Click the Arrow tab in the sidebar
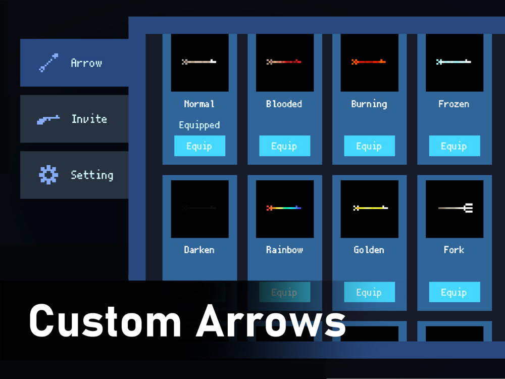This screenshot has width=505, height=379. click(x=74, y=63)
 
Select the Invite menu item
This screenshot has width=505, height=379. click(x=74, y=119)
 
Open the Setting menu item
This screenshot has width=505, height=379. click(x=74, y=175)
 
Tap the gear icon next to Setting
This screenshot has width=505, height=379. click(x=48, y=175)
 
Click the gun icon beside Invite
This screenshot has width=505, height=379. click(x=48, y=119)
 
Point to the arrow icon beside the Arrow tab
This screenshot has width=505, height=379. click(x=48, y=63)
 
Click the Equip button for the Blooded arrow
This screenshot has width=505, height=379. click(x=284, y=146)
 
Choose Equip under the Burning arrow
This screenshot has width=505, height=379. click(x=369, y=146)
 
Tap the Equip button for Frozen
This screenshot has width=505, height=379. click(x=454, y=146)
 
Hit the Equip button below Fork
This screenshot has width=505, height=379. click(x=454, y=292)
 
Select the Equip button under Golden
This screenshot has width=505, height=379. click(x=369, y=292)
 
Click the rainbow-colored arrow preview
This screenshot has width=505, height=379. click(x=284, y=208)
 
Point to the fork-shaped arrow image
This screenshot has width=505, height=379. click(x=454, y=208)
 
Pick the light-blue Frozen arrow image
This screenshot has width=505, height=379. click(x=454, y=62)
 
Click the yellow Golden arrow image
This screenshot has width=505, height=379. click(x=370, y=208)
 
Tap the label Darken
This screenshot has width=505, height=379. click(x=199, y=250)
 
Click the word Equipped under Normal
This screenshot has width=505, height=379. click(x=199, y=125)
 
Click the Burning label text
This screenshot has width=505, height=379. click(x=369, y=104)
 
